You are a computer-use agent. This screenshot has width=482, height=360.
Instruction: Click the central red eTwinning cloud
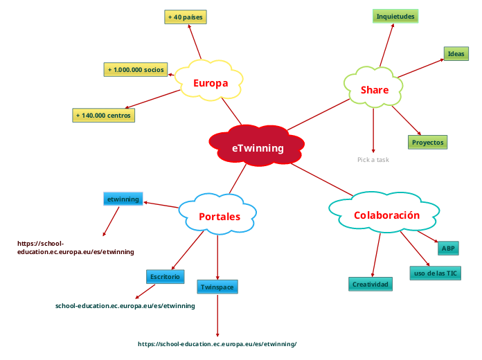coord(258,147)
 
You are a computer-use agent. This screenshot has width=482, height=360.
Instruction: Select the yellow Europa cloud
coord(210,83)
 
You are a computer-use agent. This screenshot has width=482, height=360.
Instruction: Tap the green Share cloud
coord(374,89)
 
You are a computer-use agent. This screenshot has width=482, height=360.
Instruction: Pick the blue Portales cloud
coord(219,216)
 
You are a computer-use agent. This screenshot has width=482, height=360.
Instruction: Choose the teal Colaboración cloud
coord(386,215)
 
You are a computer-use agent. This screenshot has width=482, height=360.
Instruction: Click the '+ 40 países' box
coord(186,17)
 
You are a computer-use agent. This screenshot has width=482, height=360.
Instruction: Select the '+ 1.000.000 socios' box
coord(135,69)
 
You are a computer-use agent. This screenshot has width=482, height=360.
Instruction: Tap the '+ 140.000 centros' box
coord(104,115)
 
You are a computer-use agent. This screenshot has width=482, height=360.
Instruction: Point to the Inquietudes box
coord(395,16)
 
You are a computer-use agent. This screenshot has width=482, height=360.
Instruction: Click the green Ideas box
coord(456,53)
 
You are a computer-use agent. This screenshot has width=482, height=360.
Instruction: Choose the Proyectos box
coord(427,142)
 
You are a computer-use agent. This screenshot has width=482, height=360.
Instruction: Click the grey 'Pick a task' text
coord(373,160)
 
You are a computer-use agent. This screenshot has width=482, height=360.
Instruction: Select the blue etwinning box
coord(123,199)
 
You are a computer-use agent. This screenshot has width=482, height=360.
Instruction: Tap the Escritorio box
coord(165,276)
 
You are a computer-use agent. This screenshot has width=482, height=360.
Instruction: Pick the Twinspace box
coord(217,287)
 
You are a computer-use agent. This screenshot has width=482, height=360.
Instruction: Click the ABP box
coord(448,248)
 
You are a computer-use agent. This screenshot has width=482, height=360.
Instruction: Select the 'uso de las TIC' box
coord(436,273)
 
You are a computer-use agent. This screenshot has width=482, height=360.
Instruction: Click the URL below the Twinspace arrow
coord(217,344)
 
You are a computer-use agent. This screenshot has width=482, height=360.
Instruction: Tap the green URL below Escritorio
coord(125,305)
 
